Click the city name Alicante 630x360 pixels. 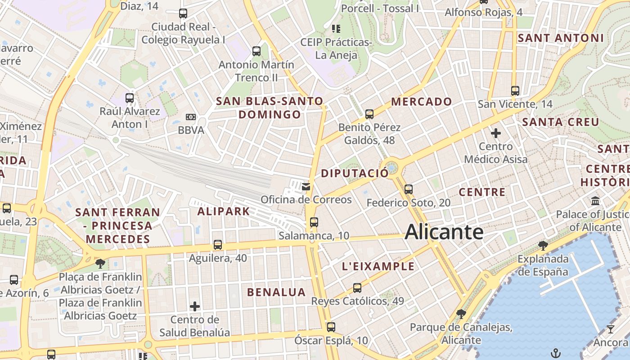(444, 232)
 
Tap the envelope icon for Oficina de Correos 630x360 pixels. (306, 186)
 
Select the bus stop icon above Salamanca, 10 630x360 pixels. (314, 222)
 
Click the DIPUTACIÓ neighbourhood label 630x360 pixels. (355, 173)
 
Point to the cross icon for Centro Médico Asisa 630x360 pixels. (496, 133)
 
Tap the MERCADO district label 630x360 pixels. (421, 102)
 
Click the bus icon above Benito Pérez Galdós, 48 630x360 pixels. (369, 114)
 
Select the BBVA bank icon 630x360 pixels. (191, 117)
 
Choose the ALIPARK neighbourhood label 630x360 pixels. (224, 211)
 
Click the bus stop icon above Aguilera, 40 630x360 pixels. (218, 245)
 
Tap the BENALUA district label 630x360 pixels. (276, 292)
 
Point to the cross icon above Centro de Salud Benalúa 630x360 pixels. (195, 307)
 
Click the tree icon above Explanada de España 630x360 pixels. (543, 245)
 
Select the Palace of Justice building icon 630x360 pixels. (595, 201)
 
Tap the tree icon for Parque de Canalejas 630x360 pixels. (461, 314)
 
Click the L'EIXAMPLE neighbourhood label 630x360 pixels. (378, 266)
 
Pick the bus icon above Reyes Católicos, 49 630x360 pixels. (357, 288)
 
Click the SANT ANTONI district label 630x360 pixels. (560, 38)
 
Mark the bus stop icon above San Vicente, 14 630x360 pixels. (515, 91)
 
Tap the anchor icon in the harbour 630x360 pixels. (556, 352)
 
